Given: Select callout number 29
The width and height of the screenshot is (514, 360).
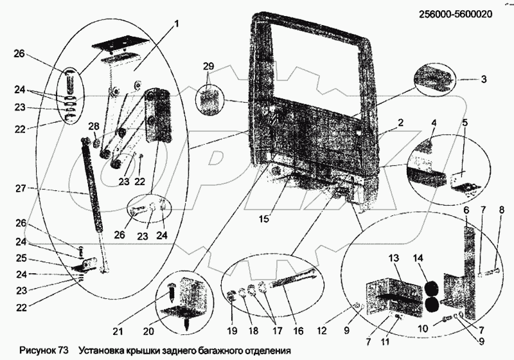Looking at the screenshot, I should [208, 67].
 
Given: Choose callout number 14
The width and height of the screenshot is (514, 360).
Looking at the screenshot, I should [418, 258].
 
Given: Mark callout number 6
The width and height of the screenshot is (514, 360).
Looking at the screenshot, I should [465, 210].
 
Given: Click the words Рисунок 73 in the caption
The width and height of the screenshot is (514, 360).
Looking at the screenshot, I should [42, 350].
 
